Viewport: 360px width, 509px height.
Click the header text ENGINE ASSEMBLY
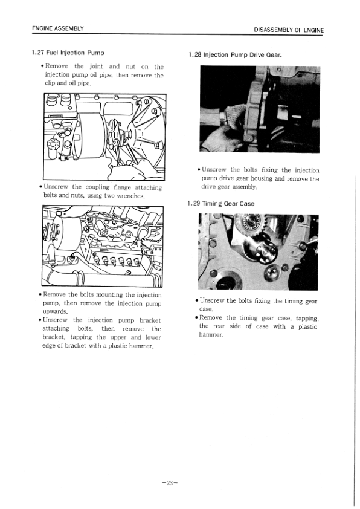(x=58, y=29)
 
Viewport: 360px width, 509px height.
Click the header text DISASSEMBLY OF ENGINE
(x=289, y=30)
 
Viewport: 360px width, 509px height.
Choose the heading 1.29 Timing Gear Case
(x=221, y=204)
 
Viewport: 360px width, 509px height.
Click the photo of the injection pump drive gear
(x=260, y=109)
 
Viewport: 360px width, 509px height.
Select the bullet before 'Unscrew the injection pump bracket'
(x=39, y=320)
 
